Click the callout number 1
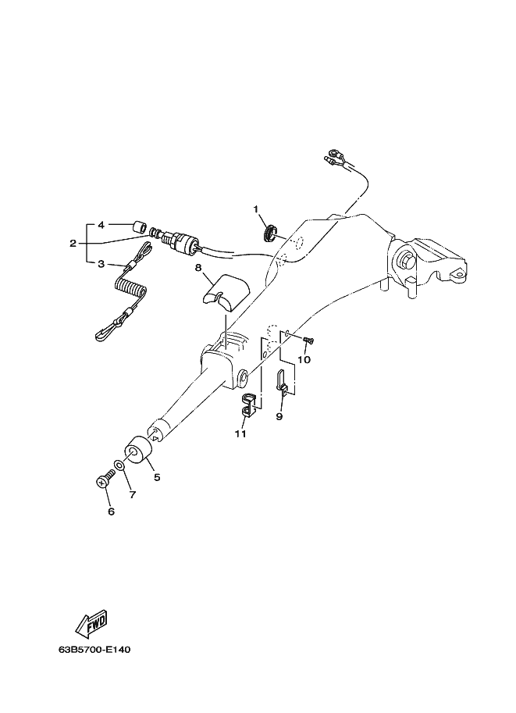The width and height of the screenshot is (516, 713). [x=256, y=209]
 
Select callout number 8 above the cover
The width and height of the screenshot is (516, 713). [x=198, y=268]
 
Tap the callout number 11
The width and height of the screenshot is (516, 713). [x=240, y=433]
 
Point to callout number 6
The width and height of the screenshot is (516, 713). [x=111, y=512]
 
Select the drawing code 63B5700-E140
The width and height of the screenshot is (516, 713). [x=94, y=650]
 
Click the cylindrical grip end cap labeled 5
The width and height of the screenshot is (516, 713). [x=137, y=450]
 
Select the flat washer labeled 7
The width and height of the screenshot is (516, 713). [x=119, y=465]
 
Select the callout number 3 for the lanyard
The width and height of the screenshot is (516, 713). [x=101, y=264]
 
